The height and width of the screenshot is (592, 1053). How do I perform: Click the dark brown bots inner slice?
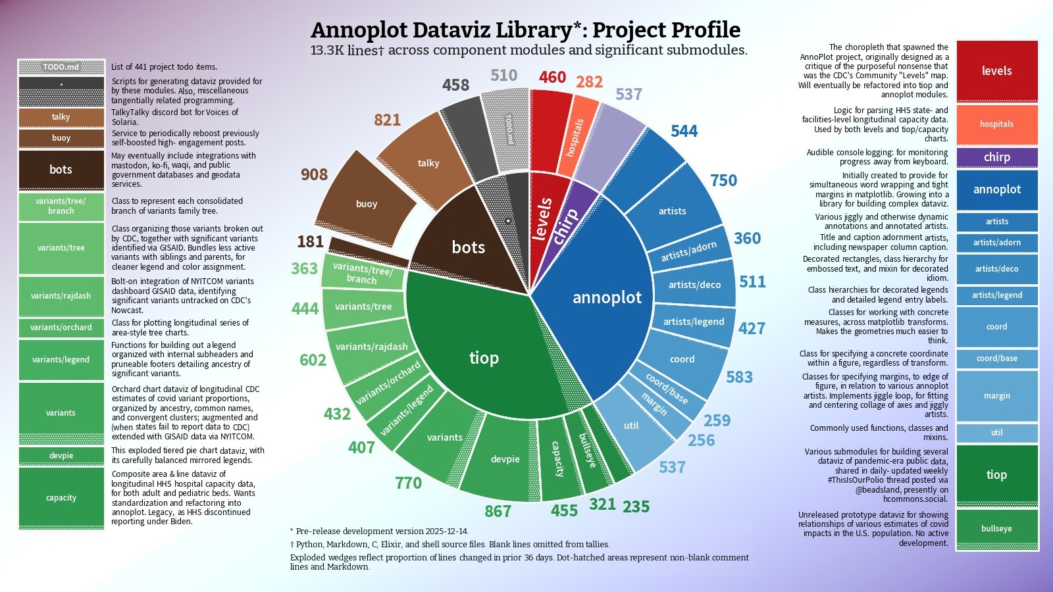[468, 247]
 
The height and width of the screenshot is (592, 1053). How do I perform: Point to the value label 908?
[314, 174]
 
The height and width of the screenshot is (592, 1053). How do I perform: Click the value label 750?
[723, 180]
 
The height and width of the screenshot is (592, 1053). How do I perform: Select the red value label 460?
[552, 78]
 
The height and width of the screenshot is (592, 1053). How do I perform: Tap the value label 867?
[498, 511]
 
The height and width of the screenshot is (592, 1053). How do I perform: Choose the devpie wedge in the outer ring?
[505, 458]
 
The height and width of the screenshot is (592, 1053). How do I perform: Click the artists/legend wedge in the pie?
[693, 322]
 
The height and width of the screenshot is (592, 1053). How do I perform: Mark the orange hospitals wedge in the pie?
[575, 137]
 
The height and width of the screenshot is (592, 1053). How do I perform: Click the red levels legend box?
[996, 71]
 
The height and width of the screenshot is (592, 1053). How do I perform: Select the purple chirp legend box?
[996, 157]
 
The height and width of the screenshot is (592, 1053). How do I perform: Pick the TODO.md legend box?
[61, 67]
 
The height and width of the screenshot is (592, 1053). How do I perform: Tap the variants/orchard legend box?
[61, 327]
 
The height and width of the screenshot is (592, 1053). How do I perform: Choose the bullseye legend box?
[996, 528]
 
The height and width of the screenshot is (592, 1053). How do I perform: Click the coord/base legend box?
[996, 358]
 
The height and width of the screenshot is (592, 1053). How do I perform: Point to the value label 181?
[310, 241]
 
